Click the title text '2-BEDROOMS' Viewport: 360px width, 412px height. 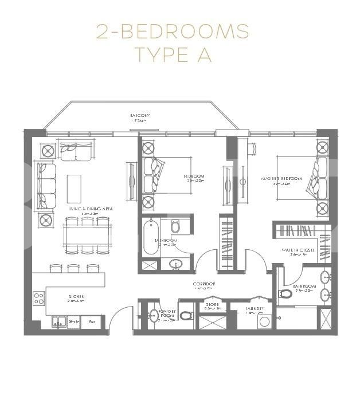(x=173, y=31)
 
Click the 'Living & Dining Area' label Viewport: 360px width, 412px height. (x=91, y=209)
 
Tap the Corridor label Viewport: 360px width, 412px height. (x=204, y=284)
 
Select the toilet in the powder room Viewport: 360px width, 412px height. (x=186, y=316)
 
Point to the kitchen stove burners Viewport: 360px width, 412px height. (x=39, y=298)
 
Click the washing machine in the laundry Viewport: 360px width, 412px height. (x=264, y=322)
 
